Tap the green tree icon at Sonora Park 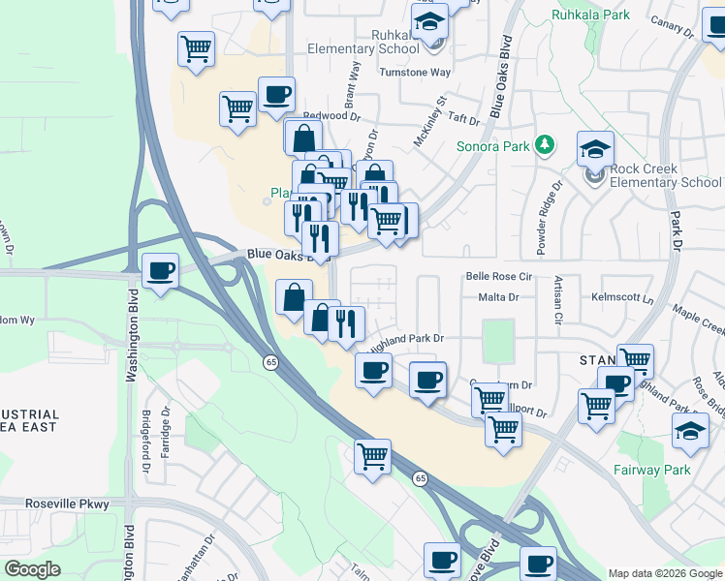click(x=545, y=145)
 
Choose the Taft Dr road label click(x=461, y=120)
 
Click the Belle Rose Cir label click(x=500, y=276)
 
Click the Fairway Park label click(x=651, y=471)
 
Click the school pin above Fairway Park click(x=691, y=431)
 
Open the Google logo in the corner click(x=33, y=570)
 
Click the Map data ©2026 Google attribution click(x=665, y=573)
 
